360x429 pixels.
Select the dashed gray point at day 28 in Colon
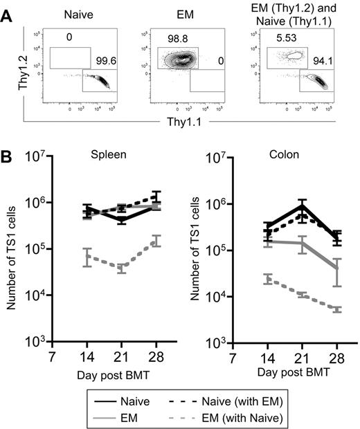[x=338, y=309]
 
